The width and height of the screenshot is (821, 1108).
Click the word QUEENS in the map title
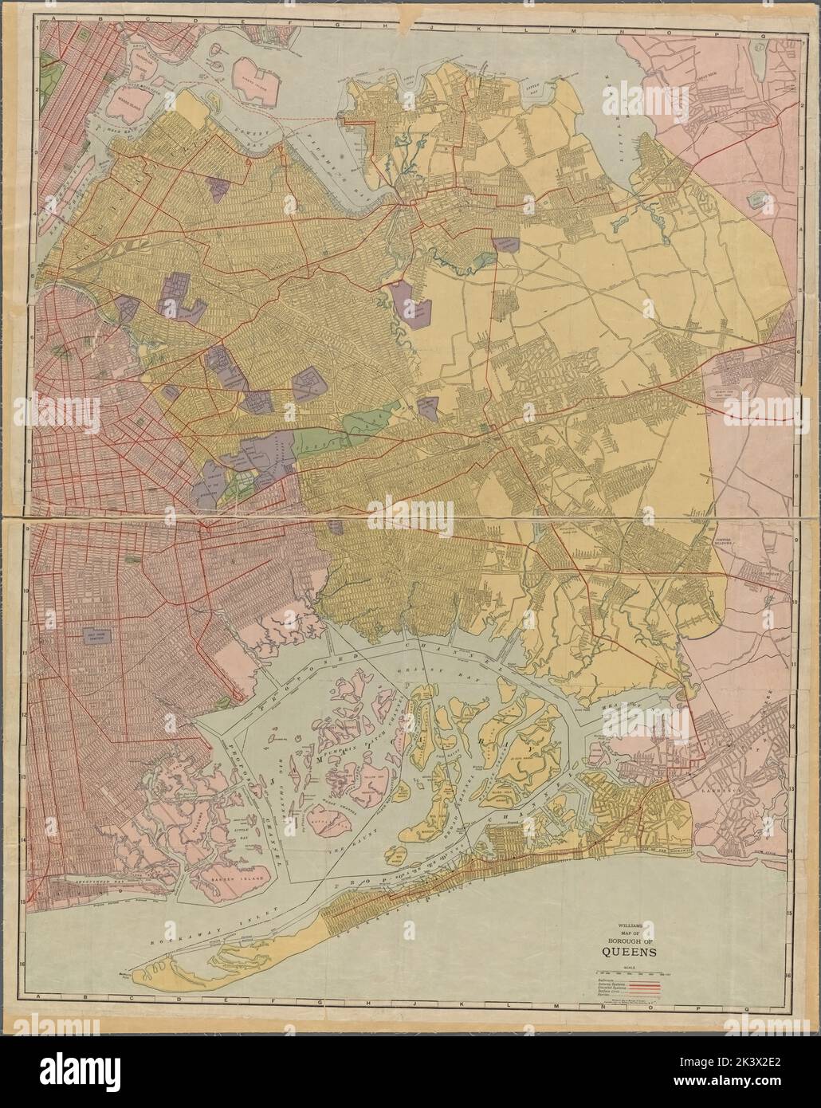point(629,950)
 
